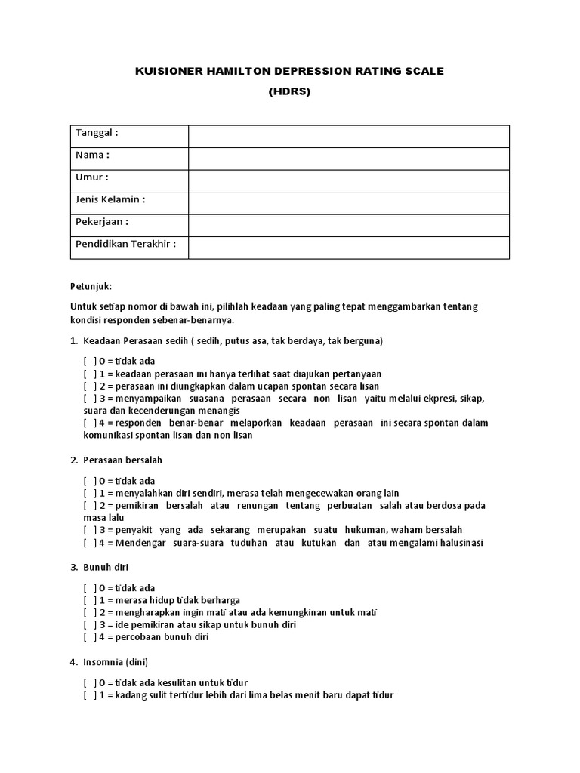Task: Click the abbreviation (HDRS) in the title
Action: tap(289, 91)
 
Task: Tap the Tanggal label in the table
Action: tap(97, 133)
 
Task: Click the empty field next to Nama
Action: tap(348, 159)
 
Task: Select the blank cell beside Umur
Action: tap(348, 181)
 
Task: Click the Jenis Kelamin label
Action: tap(110, 199)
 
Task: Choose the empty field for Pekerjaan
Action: tap(348, 226)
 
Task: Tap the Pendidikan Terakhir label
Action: tap(125, 244)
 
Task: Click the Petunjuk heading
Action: tap(91, 287)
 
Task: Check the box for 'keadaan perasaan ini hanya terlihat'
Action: tap(90, 374)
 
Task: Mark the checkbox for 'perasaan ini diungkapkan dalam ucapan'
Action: tap(90, 386)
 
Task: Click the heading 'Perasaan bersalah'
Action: tap(127, 460)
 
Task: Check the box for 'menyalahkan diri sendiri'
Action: tap(90, 493)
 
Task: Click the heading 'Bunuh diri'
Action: tap(113, 566)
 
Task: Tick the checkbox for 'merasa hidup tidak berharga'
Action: tap(90, 600)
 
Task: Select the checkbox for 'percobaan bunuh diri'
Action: tap(90, 636)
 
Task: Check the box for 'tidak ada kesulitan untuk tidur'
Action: tap(90, 682)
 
